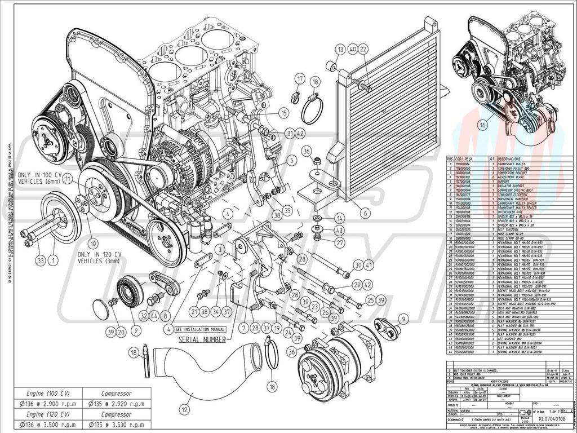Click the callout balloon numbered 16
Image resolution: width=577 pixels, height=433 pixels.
[x=483, y=125]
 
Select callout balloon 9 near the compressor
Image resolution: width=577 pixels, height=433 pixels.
[x=403, y=320]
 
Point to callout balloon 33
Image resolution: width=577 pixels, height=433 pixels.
[x=40, y=260]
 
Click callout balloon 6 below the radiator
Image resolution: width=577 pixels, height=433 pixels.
[x=365, y=214]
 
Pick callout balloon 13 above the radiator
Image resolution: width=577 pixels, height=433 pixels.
[x=339, y=50]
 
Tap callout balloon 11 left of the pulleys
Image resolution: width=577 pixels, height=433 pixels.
[x=68, y=180]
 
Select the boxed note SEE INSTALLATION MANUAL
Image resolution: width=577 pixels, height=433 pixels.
[x=200, y=329]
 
